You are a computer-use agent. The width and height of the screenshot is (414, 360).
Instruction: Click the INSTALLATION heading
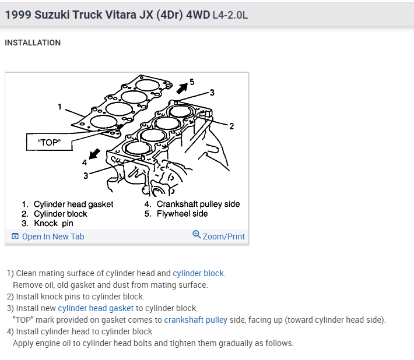(x=33, y=43)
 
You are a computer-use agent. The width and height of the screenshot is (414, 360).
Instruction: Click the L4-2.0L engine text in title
(x=229, y=15)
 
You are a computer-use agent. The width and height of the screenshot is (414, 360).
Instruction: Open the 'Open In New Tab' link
(x=52, y=237)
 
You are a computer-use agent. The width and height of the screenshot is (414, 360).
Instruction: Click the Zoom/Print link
(x=223, y=237)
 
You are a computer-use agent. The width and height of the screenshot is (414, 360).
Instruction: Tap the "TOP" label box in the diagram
(x=49, y=142)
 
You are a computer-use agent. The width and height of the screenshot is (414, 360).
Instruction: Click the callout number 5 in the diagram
(x=192, y=81)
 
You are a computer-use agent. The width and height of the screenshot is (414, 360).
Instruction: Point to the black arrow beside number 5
(x=182, y=87)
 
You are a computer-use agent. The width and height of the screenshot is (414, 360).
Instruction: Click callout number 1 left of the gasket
(x=60, y=107)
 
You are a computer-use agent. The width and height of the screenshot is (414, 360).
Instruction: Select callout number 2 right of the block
(x=231, y=126)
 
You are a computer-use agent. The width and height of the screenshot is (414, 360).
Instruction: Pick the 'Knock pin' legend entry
(x=54, y=223)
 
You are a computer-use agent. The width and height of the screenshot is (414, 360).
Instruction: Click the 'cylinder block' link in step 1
(x=198, y=273)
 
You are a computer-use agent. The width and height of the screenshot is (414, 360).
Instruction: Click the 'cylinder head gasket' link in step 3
(x=96, y=308)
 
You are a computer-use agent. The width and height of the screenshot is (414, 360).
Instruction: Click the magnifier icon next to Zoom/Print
(x=197, y=235)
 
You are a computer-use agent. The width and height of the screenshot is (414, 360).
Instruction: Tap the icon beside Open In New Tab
(x=15, y=237)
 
